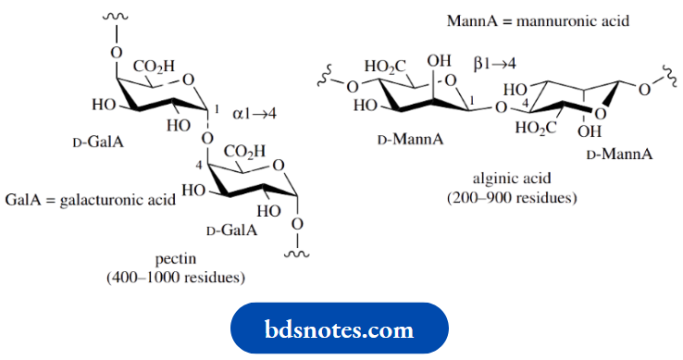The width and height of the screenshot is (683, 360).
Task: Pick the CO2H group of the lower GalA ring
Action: pyautogui.click(x=242, y=152)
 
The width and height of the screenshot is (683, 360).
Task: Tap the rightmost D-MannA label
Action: pyautogui.click(x=619, y=152)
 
